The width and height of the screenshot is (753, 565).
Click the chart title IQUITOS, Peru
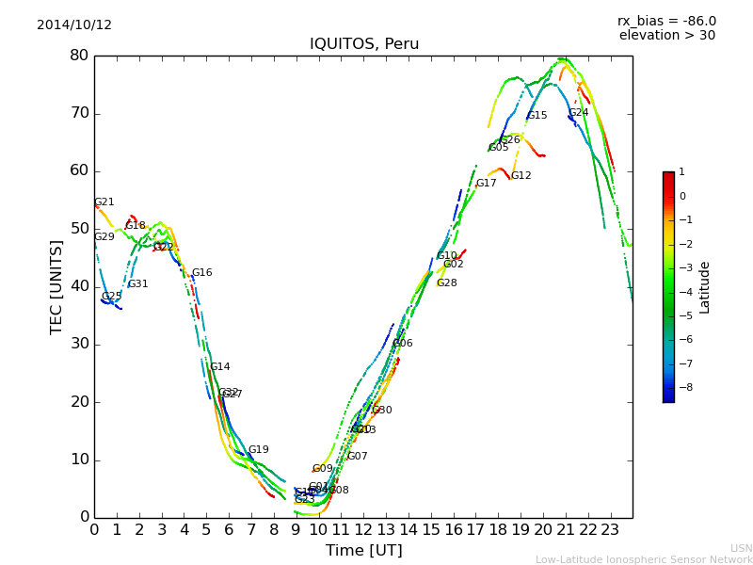coord(364,44)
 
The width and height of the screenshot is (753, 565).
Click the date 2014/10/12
coord(74,25)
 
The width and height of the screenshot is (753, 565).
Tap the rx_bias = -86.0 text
coord(666,21)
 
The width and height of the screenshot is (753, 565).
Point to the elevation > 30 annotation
coord(666,36)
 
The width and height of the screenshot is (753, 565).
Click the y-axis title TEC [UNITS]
coord(56,286)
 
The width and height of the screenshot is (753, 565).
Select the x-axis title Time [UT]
coord(363,551)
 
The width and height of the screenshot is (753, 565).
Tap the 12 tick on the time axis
coord(363,529)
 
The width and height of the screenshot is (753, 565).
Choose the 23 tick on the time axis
coord(610,529)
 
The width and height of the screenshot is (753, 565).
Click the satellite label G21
coord(104,202)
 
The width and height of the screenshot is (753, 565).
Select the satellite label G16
coord(201,273)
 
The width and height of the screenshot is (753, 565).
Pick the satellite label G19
coord(258,450)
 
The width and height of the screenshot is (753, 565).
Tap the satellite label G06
coord(402,344)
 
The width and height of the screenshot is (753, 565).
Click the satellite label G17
coord(486,184)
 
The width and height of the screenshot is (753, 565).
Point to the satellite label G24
coord(578,113)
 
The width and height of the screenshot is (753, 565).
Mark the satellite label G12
coord(521,176)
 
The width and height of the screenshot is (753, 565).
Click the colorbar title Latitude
coord(705,287)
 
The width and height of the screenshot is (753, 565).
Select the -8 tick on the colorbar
coord(682,386)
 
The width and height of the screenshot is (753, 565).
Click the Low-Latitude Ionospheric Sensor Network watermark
coord(644,560)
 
